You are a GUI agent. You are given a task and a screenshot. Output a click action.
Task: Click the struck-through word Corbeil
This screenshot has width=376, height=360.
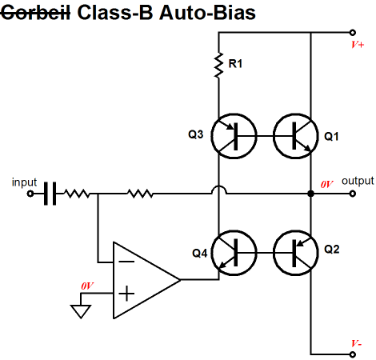pos(35,13)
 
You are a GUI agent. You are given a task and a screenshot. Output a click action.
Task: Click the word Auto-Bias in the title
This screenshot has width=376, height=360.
pos(207,13)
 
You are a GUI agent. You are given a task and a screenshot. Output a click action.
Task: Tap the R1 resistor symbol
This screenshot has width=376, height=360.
pos(218,65)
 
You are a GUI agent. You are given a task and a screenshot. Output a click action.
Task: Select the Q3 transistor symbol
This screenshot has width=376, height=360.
pos(234,136)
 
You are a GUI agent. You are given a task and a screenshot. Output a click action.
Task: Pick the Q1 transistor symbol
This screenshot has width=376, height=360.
pos(295,136)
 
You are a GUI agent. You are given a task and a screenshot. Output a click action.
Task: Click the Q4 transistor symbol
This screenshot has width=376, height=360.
pos(234,253)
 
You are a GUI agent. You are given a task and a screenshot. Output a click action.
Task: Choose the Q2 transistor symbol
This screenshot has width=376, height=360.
pos(295,253)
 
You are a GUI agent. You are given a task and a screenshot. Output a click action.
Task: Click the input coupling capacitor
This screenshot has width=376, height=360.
pos(50,194)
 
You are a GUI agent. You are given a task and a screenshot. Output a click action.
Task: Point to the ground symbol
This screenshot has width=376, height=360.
pos(81,311)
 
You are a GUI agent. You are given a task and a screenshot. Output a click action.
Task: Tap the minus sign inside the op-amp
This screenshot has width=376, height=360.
pos(126,262)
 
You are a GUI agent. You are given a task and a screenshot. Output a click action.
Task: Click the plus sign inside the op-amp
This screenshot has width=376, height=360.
pos(126,294)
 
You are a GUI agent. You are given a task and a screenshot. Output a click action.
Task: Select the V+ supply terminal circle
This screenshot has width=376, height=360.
pos(353,33)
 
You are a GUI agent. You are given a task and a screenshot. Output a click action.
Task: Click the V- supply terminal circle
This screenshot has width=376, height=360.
pos(353,354)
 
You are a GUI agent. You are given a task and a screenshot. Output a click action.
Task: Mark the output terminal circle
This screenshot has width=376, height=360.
pos(353,194)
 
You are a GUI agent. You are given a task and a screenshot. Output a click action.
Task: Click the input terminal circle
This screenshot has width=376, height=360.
pos(30,194)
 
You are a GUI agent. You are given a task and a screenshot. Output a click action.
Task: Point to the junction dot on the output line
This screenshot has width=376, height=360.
pos(310,194)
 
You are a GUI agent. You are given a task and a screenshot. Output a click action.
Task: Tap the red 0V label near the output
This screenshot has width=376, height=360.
pos(326,184)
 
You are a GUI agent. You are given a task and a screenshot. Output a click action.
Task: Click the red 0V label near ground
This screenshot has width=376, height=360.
pos(87,286)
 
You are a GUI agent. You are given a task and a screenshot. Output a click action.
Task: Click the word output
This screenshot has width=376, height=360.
pos(358,181)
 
